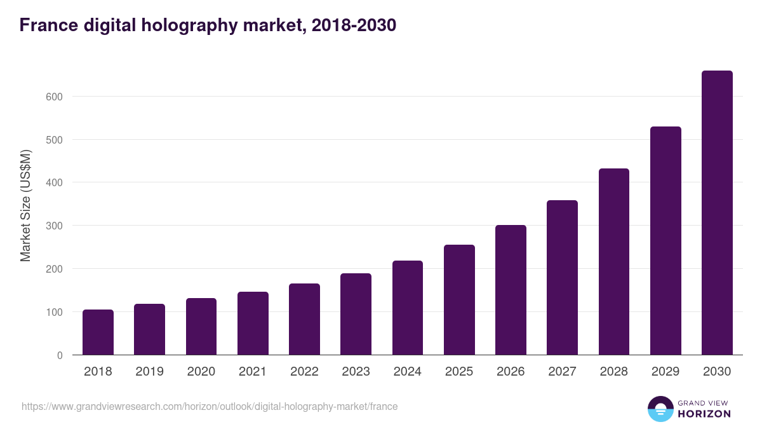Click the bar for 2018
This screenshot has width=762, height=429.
point(98,332)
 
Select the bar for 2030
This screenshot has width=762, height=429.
point(717,213)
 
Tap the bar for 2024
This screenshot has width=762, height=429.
point(408,308)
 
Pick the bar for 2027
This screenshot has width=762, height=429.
point(562,278)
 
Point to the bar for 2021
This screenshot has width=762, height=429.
point(253,323)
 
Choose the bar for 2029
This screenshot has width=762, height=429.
point(665,241)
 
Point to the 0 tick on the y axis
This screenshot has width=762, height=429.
point(60,355)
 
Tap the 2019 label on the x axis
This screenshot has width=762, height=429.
point(149,372)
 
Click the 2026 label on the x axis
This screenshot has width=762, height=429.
point(511,372)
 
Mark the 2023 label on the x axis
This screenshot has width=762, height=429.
point(356,372)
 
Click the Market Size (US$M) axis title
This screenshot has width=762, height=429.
point(25,205)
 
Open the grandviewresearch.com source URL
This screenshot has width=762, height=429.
point(210,406)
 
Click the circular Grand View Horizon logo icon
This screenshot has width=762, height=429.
point(660,409)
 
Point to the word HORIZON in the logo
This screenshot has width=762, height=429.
point(704,414)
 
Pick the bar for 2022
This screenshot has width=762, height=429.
point(304,319)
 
